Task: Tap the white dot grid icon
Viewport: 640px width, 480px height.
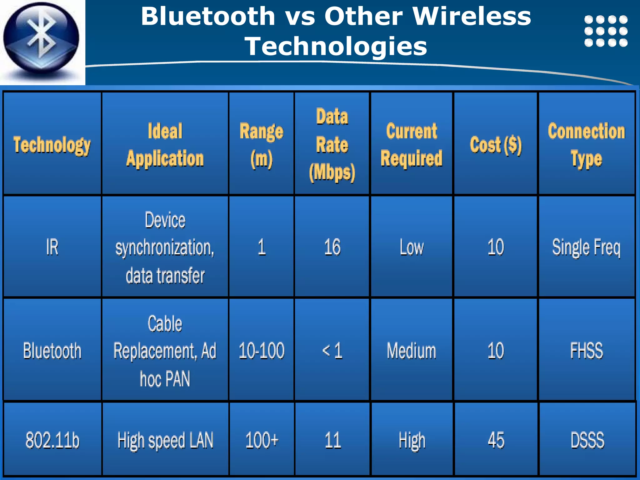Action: click(606, 31)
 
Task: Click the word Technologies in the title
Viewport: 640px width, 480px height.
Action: click(336, 46)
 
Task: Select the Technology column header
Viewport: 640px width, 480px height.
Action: click(52, 145)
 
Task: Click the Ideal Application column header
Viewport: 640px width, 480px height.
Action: click(165, 145)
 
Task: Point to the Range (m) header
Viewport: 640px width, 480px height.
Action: click(261, 145)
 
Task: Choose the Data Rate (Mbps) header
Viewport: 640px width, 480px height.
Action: click(332, 145)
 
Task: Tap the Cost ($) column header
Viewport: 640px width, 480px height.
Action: click(496, 145)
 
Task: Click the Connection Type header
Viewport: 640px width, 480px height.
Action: click(587, 145)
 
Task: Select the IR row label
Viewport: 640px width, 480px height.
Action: click(52, 247)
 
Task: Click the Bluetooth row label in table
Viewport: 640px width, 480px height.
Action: click(52, 351)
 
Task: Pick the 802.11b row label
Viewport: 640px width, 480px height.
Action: click(52, 440)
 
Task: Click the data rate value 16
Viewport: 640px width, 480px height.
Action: click(332, 247)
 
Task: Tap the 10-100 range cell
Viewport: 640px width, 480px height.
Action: click(261, 351)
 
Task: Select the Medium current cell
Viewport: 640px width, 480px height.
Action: click(411, 351)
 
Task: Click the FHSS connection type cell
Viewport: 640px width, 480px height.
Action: click(587, 351)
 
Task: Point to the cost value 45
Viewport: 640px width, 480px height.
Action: click(496, 440)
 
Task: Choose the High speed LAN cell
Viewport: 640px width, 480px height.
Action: click(165, 440)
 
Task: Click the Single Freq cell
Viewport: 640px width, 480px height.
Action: click(587, 247)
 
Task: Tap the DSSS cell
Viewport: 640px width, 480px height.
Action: click(587, 440)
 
